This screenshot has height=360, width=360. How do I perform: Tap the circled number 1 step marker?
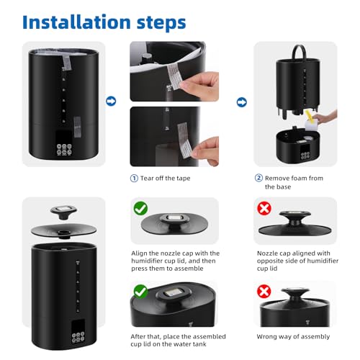tap(134, 178)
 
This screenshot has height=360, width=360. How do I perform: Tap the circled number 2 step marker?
tap(258, 178)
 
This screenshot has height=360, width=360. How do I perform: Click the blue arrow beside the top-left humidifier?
tap(111, 102)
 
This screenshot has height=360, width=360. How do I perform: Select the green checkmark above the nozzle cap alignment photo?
tap(140, 209)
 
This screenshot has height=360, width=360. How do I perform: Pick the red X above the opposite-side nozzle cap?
tap(264, 209)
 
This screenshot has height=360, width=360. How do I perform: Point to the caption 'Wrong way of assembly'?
tap(293, 336)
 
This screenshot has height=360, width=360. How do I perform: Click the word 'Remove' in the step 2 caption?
tap(279, 178)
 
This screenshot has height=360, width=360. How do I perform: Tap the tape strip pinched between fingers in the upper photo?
tap(179, 80)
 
